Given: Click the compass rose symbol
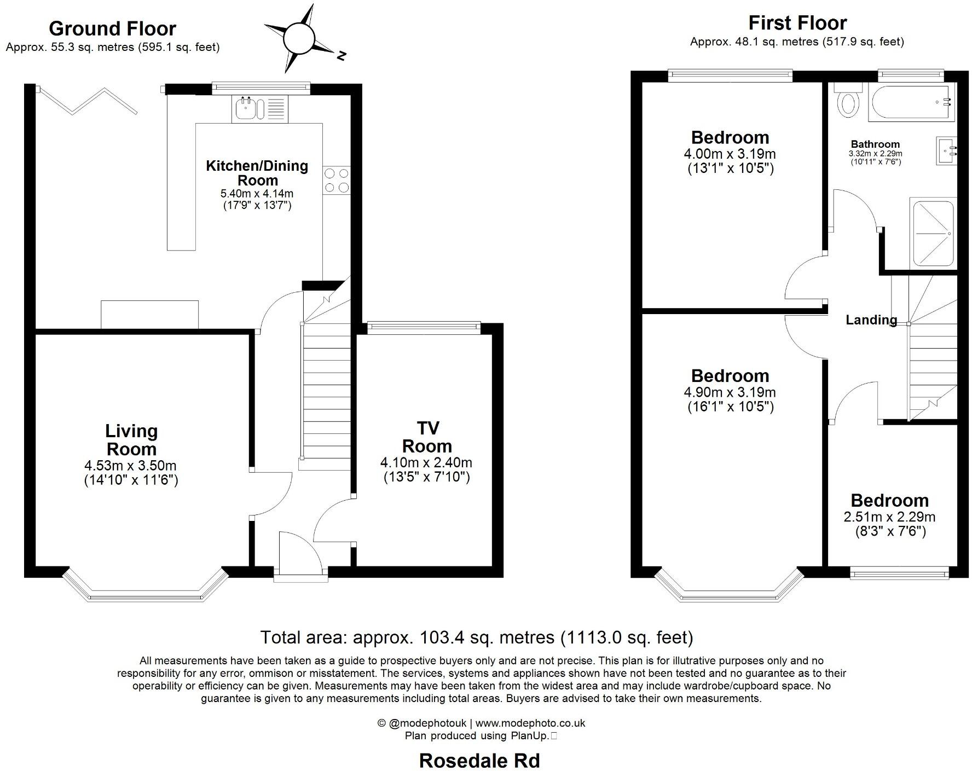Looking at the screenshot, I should [299, 38].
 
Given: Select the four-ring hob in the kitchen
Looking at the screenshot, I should [336, 180].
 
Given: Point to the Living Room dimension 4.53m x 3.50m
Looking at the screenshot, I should [130, 466].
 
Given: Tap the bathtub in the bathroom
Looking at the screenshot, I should [911, 103].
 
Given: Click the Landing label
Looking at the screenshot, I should [871, 320].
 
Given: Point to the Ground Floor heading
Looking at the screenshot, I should [112, 28].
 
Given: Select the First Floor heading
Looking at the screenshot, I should [797, 23].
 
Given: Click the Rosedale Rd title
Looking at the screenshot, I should [479, 760].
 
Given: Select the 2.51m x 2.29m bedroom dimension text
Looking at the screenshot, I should [889, 517].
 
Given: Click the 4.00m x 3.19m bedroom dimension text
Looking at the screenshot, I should [730, 154].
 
